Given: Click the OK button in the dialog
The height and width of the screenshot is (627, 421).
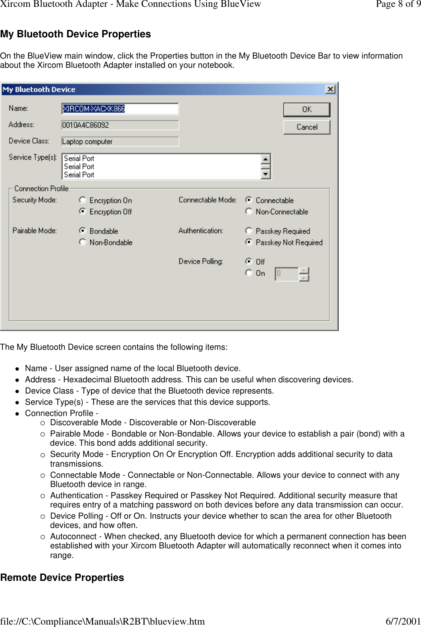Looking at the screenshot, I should (x=307, y=110).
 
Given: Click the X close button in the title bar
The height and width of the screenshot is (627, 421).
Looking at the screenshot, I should (x=330, y=89).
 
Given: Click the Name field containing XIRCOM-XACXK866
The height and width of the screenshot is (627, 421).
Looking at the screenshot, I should (x=120, y=109).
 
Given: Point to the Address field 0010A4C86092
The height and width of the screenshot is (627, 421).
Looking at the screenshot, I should (x=120, y=125).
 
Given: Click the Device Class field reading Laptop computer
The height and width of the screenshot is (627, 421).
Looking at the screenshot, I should (x=120, y=142).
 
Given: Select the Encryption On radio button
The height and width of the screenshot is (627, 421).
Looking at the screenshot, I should (x=83, y=200).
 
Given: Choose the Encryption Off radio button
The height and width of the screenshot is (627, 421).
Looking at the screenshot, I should (x=83, y=211).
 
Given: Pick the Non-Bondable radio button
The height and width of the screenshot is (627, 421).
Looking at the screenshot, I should (x=83, y=242).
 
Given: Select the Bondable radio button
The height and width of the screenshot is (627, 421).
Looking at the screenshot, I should (x=83, y=230).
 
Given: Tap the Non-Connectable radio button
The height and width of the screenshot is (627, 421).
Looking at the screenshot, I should (x=249, y=211).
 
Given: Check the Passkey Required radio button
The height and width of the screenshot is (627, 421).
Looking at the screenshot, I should (x=249, y=230).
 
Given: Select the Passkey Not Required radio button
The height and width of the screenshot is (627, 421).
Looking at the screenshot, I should (x=249, y=242).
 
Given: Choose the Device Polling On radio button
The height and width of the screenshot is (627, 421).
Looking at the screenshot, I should (x=249, y=273).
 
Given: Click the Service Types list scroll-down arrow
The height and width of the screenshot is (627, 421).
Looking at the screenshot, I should (x=266, y=175).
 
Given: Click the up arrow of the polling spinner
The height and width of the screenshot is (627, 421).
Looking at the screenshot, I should (x=304, y=270).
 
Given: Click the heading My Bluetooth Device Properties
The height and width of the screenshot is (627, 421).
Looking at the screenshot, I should (x=75, y=34).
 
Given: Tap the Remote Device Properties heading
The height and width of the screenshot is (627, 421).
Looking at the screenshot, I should (x=62, y=578).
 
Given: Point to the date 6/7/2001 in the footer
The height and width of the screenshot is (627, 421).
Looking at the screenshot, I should (x=403, y=621).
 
